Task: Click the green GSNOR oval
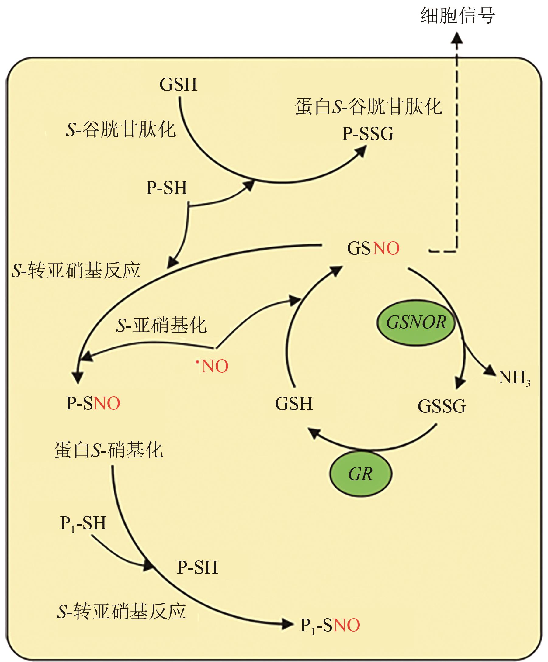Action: pos(416,322)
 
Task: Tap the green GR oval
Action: pos(361,474)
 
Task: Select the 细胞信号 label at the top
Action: pos(457,16)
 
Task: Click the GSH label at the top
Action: pos(178,84)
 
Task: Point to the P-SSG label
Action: pos(368,134)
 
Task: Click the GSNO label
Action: pos(373,248)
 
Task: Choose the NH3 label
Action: pos(514,377)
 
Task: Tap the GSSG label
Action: pos(441,406)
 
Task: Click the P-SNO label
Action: pos(93,403)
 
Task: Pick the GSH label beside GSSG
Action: pos(294,404)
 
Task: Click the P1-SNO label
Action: pos(330,625)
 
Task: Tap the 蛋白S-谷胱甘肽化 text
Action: pos(368,107)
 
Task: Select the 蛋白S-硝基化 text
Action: pos(109,450)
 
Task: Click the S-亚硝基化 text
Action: pos(161,325)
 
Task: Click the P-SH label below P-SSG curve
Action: pos(167,188)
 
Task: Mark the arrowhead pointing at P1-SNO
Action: pos(287,624)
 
